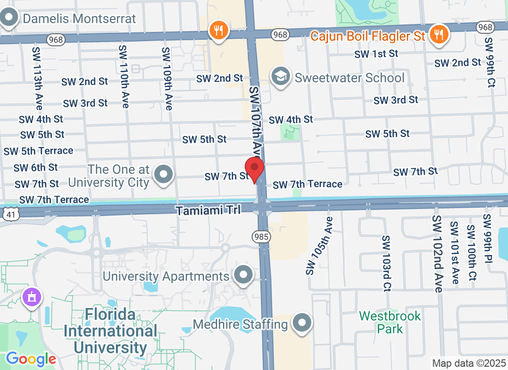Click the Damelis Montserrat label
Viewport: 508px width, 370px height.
pyautogui.click(x=79, y=19)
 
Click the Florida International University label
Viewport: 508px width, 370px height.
pyautogui.click(x=111, y=331)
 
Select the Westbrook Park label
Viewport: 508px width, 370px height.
pyautogui.click(x=390, y=322)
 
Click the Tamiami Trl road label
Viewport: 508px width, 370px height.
pyautogui.click(x=208, y=210)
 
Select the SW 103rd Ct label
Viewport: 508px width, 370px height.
pyautogui.click(x=387, y=263)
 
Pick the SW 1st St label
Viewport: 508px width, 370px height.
pyautogui.click(x=376, y=54)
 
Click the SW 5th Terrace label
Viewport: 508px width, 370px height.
pyautogui.click(x=38, y=151)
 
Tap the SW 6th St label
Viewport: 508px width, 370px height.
pyautogui.click(x=36, y=167)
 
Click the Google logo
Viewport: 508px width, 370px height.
pyautogui.click(x=31, y=358)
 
